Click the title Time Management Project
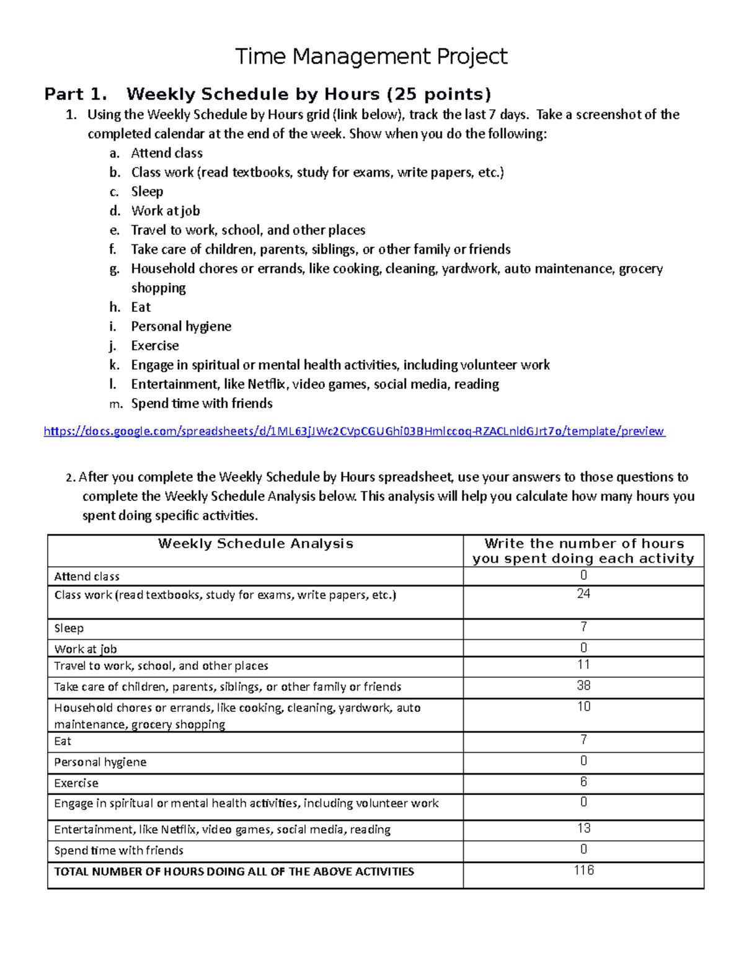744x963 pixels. (371, 56)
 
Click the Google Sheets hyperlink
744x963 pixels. (354, 431)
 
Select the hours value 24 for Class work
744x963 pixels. (583, 594)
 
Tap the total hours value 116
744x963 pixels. (583, 870)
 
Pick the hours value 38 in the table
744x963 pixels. (583, 685)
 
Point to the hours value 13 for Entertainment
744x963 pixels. (583, 828)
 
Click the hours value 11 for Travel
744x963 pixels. (583, 665)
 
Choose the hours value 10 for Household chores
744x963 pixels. (583, 707)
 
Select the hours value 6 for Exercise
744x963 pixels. (583, 782)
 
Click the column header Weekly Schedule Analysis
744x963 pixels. (255, 544)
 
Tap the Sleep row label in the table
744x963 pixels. (69, 628)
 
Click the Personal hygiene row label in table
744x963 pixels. (100, 762)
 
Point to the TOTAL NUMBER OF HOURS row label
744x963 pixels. (234, 871)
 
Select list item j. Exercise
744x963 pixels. (155, 345)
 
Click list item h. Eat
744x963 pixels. (141, 307)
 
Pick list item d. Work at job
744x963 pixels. (166, 211)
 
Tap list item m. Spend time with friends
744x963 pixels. (201, 404)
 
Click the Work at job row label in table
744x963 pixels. (86, 649)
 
